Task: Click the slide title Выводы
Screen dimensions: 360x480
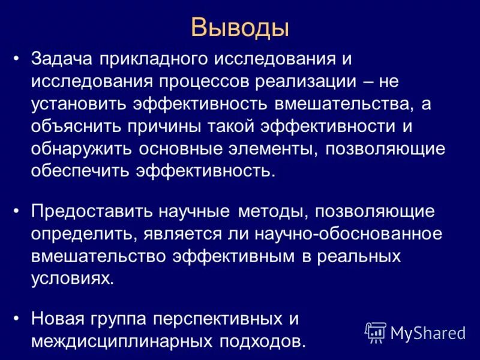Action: pyautogui.click(x=240, y=28)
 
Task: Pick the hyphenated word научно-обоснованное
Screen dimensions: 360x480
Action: pyautogui.click(x=326, y=235)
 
